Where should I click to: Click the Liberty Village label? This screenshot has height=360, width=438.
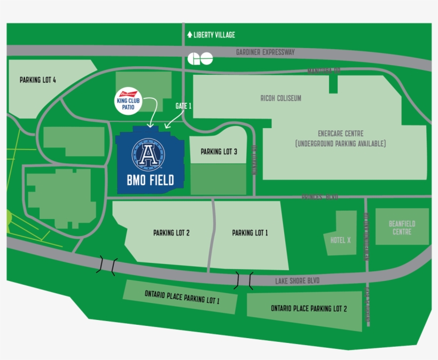(214, 35)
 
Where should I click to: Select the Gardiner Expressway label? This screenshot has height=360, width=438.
(265, 52)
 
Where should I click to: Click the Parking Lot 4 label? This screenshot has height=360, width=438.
(38, 80)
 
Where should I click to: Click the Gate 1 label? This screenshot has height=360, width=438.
(183, 106)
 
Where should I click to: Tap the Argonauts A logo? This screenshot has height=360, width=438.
(148, 155)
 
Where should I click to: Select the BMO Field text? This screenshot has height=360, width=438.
(150, 181)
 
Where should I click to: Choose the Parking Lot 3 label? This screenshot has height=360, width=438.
(219, 152)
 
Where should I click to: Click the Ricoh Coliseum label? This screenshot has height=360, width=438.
(280, 98)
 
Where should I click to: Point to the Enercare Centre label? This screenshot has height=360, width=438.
(340, 134)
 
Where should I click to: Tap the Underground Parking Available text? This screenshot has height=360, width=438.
(340, 144)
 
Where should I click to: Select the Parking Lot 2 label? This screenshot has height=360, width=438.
(171, 233)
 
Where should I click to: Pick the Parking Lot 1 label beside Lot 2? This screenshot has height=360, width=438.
(250, 233)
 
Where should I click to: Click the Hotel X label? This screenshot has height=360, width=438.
(340, 240)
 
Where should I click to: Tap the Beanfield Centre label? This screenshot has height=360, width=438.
(402, 228)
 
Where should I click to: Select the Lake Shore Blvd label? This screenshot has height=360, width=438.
(298, 280)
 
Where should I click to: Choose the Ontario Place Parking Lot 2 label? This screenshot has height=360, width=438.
(309, 309)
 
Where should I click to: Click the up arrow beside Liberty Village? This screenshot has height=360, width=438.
(190, 35)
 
